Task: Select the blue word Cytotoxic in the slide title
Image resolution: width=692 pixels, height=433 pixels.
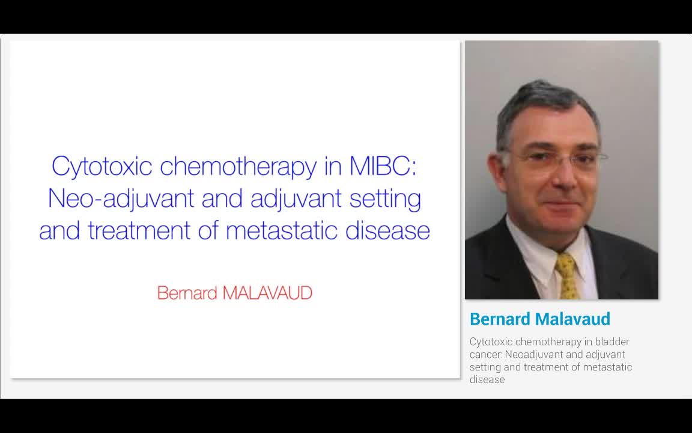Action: point(102,167)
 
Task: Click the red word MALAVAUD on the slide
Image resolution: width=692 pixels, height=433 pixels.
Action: point(267,293)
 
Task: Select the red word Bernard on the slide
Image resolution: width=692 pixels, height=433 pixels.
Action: point(187,293)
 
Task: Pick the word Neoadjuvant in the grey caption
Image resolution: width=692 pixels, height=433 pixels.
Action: point(530,354)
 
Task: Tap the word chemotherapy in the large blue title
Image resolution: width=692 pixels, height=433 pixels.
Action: point(238,167)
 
